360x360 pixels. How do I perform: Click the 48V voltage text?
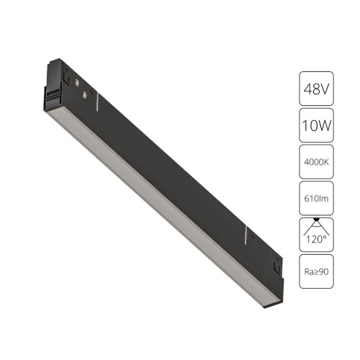pos(316,89)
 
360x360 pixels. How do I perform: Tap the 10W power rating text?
pos(316,125)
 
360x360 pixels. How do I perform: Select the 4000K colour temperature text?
pos(316,162)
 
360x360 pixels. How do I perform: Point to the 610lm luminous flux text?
pos(316,199)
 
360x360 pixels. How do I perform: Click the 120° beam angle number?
pos(316,240)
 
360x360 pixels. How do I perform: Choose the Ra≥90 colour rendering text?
pos(316,271)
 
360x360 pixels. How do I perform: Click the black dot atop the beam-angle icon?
pos(316,219)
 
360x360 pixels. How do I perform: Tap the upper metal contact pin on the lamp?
pos(77,82)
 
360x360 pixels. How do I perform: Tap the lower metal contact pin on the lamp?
pos(84,94)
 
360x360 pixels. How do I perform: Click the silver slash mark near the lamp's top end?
pos(98,102)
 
